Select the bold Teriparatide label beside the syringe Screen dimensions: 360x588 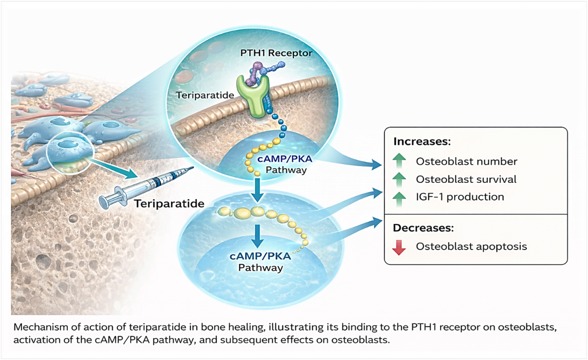click(x=169, y=203)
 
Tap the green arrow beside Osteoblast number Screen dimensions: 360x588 click(x=400, y=161)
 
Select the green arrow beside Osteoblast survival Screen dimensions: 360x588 click(x=400, y=179)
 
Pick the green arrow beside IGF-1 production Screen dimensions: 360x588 click(x=400, y=197)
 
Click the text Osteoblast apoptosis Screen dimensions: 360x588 click(x=472, y=246)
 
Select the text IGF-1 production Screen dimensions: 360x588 click(x=460, y=197)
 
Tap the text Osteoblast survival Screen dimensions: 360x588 click(x=466, y=179)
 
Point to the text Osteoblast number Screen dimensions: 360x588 click(x=466, y=161)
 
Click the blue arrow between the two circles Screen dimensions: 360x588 click(x=258, y=188)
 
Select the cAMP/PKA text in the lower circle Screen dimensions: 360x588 click(x=260, y=257)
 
